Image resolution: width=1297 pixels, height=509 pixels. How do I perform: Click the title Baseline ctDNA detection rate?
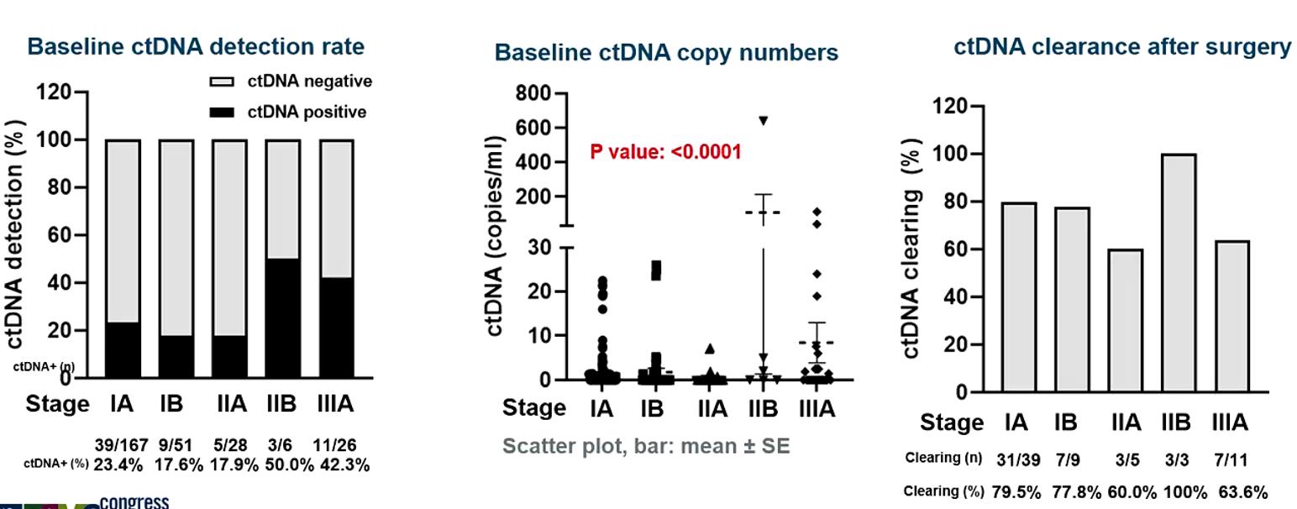pos(196,46)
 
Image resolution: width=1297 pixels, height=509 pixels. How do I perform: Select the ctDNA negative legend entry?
pos(290,81)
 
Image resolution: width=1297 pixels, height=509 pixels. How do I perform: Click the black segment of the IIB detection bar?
pos(282,318)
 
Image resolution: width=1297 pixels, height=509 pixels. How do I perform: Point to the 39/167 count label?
pos(121,446)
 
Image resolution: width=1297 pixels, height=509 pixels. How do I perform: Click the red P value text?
pos(665,152)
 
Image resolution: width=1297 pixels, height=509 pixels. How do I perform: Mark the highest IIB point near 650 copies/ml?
pos(763,121)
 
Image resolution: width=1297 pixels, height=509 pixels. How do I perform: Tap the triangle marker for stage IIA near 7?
pos(710,349)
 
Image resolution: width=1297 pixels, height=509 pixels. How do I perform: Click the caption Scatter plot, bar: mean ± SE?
pos(646,446)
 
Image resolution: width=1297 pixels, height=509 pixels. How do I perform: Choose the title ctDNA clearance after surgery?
pos(1121,47)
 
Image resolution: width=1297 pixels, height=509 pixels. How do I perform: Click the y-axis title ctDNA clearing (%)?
pos(911,248)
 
